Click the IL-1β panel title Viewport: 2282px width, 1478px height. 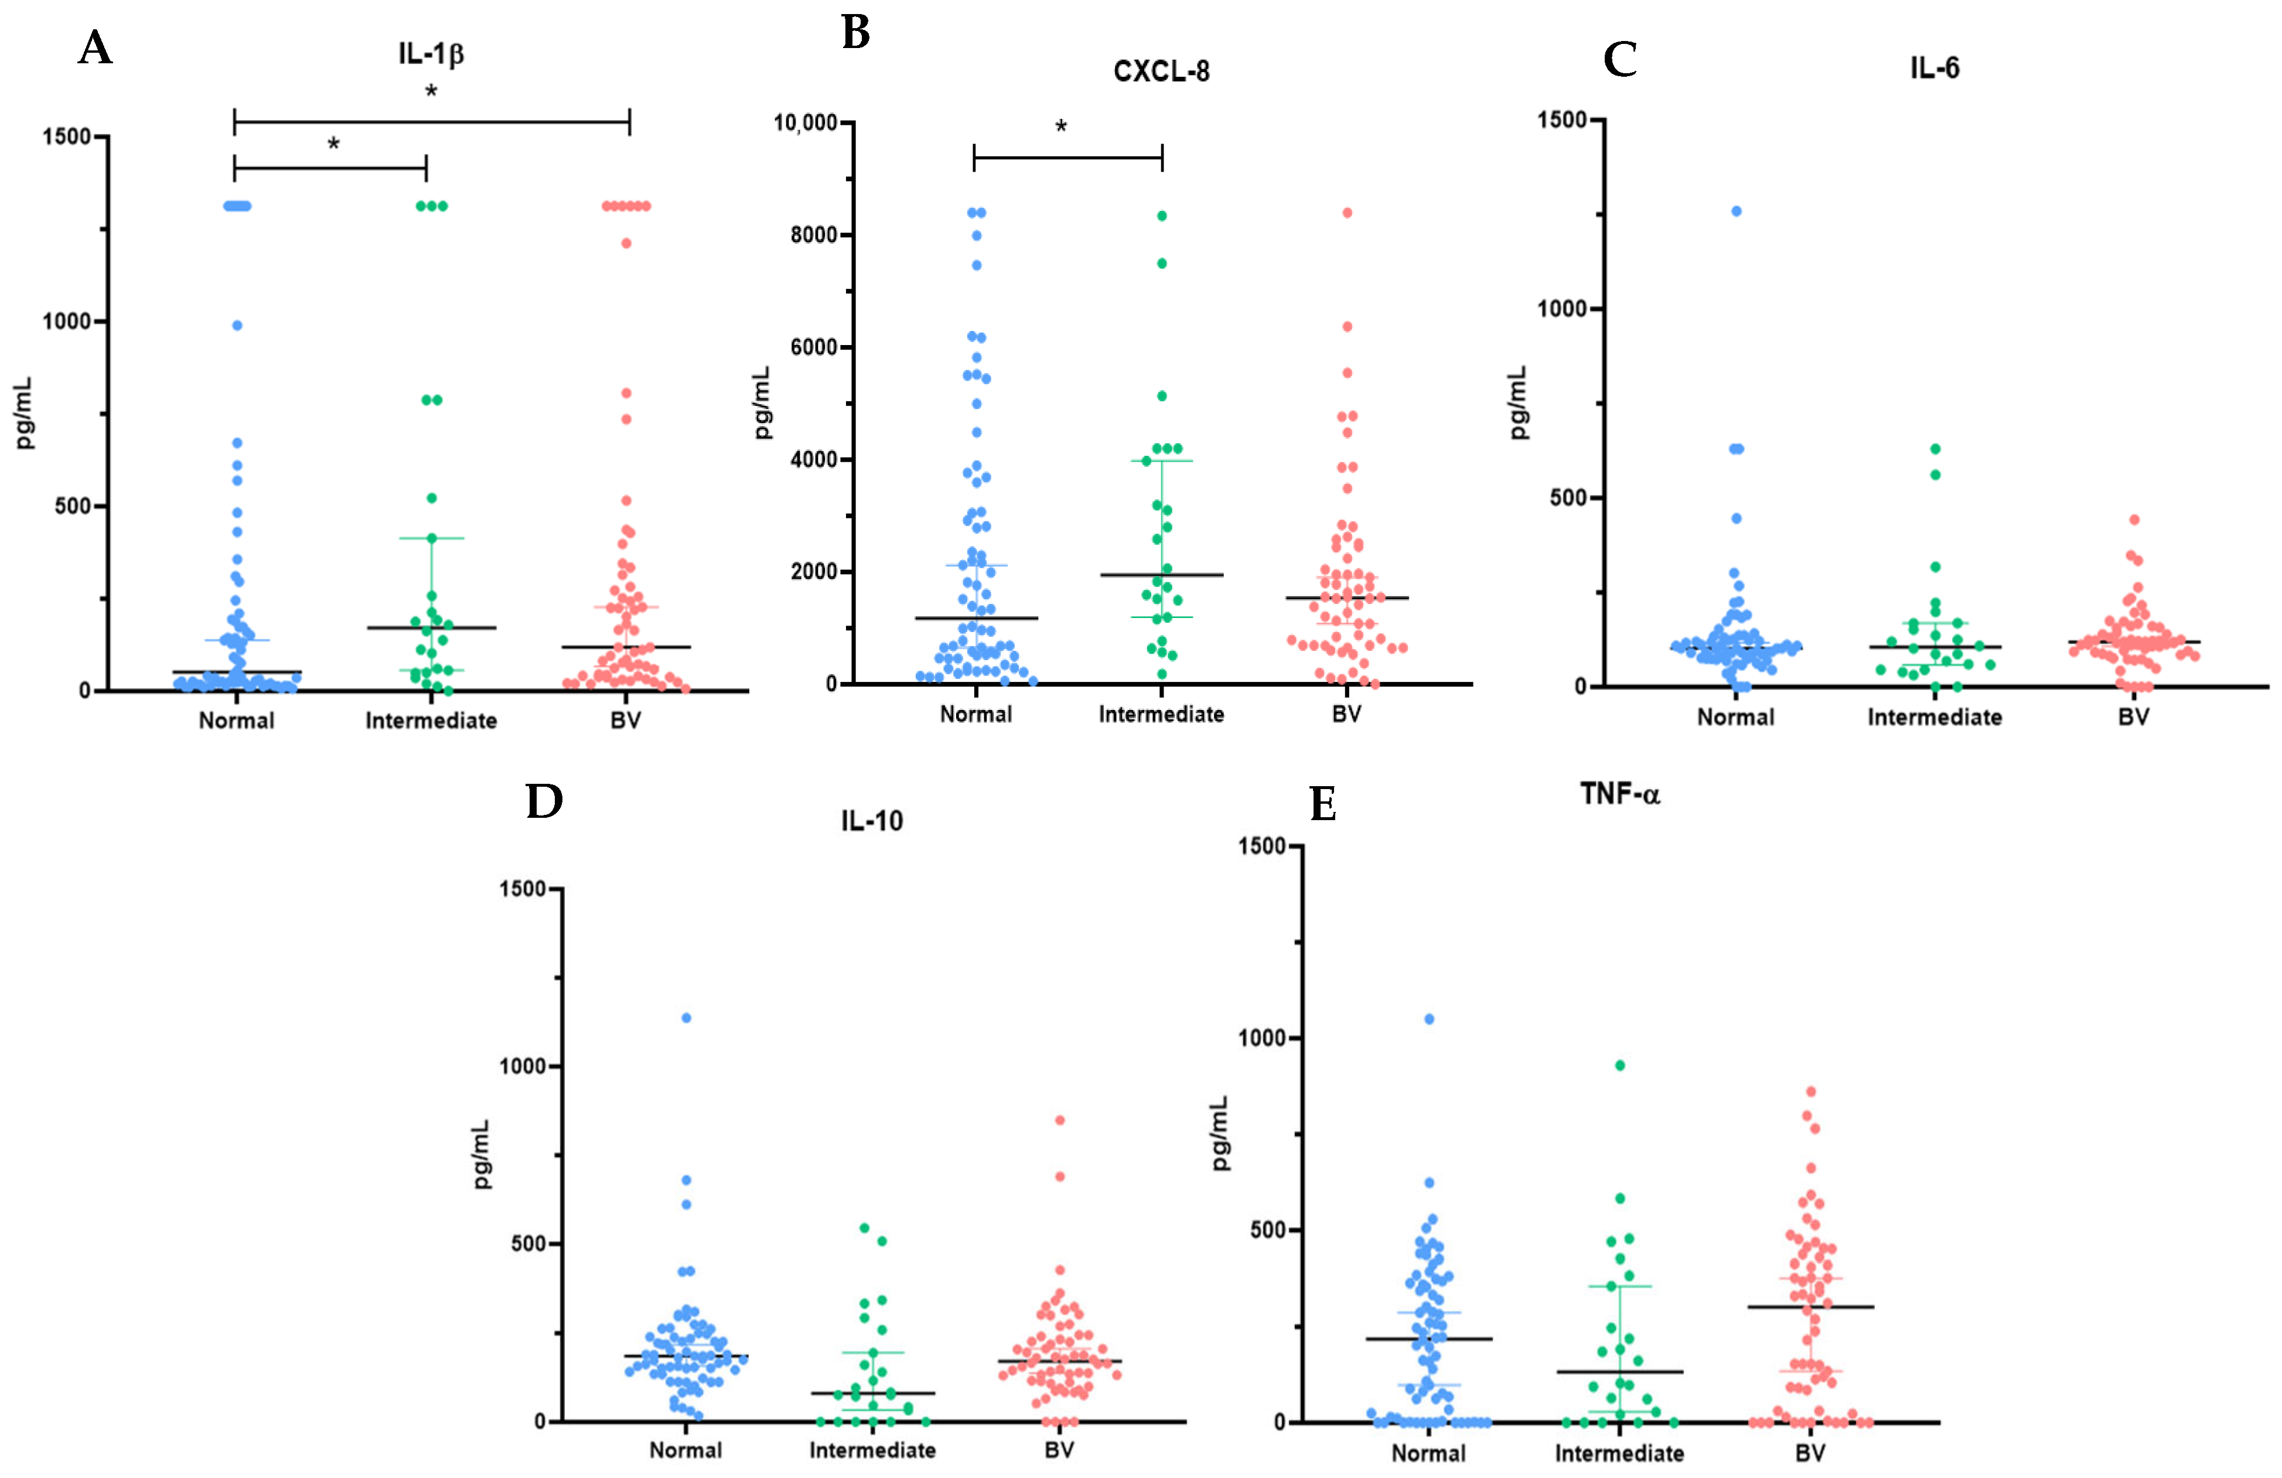click(x=431, y=54)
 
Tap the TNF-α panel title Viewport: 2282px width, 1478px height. click(x=1619, y=794)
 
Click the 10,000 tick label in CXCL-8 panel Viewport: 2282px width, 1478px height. click(x=806, y=122)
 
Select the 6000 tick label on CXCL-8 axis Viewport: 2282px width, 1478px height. click(x=814, y=347)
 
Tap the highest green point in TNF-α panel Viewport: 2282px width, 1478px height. click(x=1619, y=1065)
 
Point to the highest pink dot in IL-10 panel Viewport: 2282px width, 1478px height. click(x=1059, y=1119)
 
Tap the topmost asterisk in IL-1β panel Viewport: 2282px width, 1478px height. click(x=431, y=92)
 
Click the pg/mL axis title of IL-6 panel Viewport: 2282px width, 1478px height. click(x=1518, y=402)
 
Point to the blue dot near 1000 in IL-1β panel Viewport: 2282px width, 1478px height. click(x=237, y=326)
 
